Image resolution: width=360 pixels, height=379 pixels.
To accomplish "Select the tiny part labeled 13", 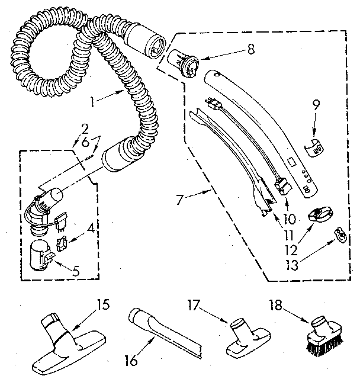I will [339, 235].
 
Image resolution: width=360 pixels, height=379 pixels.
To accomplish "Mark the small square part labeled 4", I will [60, 242].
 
